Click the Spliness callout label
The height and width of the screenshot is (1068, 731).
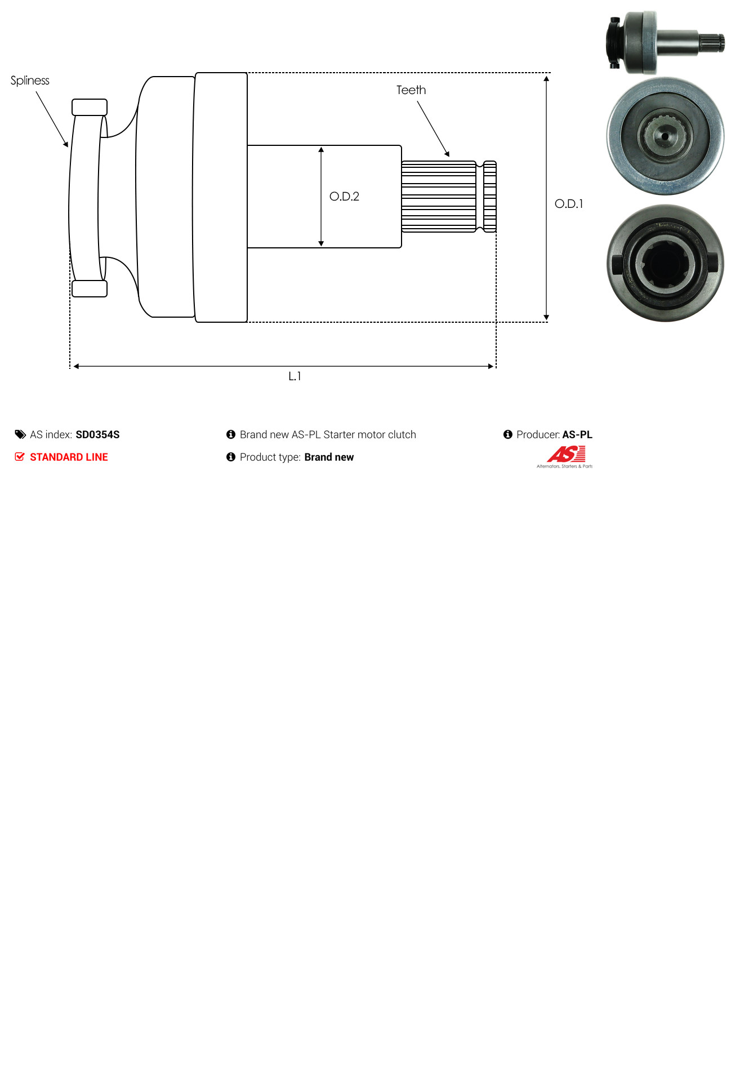click(x=30, y=81)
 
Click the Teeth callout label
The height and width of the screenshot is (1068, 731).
click(x=411, y=90)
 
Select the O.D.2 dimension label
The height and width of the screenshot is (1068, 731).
click(x=344, y=197)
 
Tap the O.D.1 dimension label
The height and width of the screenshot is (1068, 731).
click(x=569, y=204)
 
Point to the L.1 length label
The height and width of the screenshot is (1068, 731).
click(x=295, y=376)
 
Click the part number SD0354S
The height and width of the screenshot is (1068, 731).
click(x=97, y=435)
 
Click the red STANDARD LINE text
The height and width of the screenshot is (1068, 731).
click(x=69, y=457)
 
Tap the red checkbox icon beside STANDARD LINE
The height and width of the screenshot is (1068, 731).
click(x=20, y=457)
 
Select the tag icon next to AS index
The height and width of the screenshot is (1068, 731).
click(x=20, y=434)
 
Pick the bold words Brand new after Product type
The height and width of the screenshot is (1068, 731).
click(x=329, y=457)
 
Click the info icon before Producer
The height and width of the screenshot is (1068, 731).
click(x=507, y=434)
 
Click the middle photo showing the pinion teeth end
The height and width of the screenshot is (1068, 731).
click(x=665, y=136)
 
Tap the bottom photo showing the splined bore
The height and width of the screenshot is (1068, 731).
click(x=665, y=263)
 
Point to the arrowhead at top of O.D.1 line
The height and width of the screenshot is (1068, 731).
click(x=546, y=79)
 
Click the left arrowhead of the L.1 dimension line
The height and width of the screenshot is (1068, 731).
click(x=77, y=366)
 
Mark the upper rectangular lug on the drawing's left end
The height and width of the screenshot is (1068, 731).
click(x=90, y=107)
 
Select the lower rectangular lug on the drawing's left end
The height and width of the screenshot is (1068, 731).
click(x=90, y=288)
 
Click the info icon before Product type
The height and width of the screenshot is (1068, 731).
click(x=231, y=457)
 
